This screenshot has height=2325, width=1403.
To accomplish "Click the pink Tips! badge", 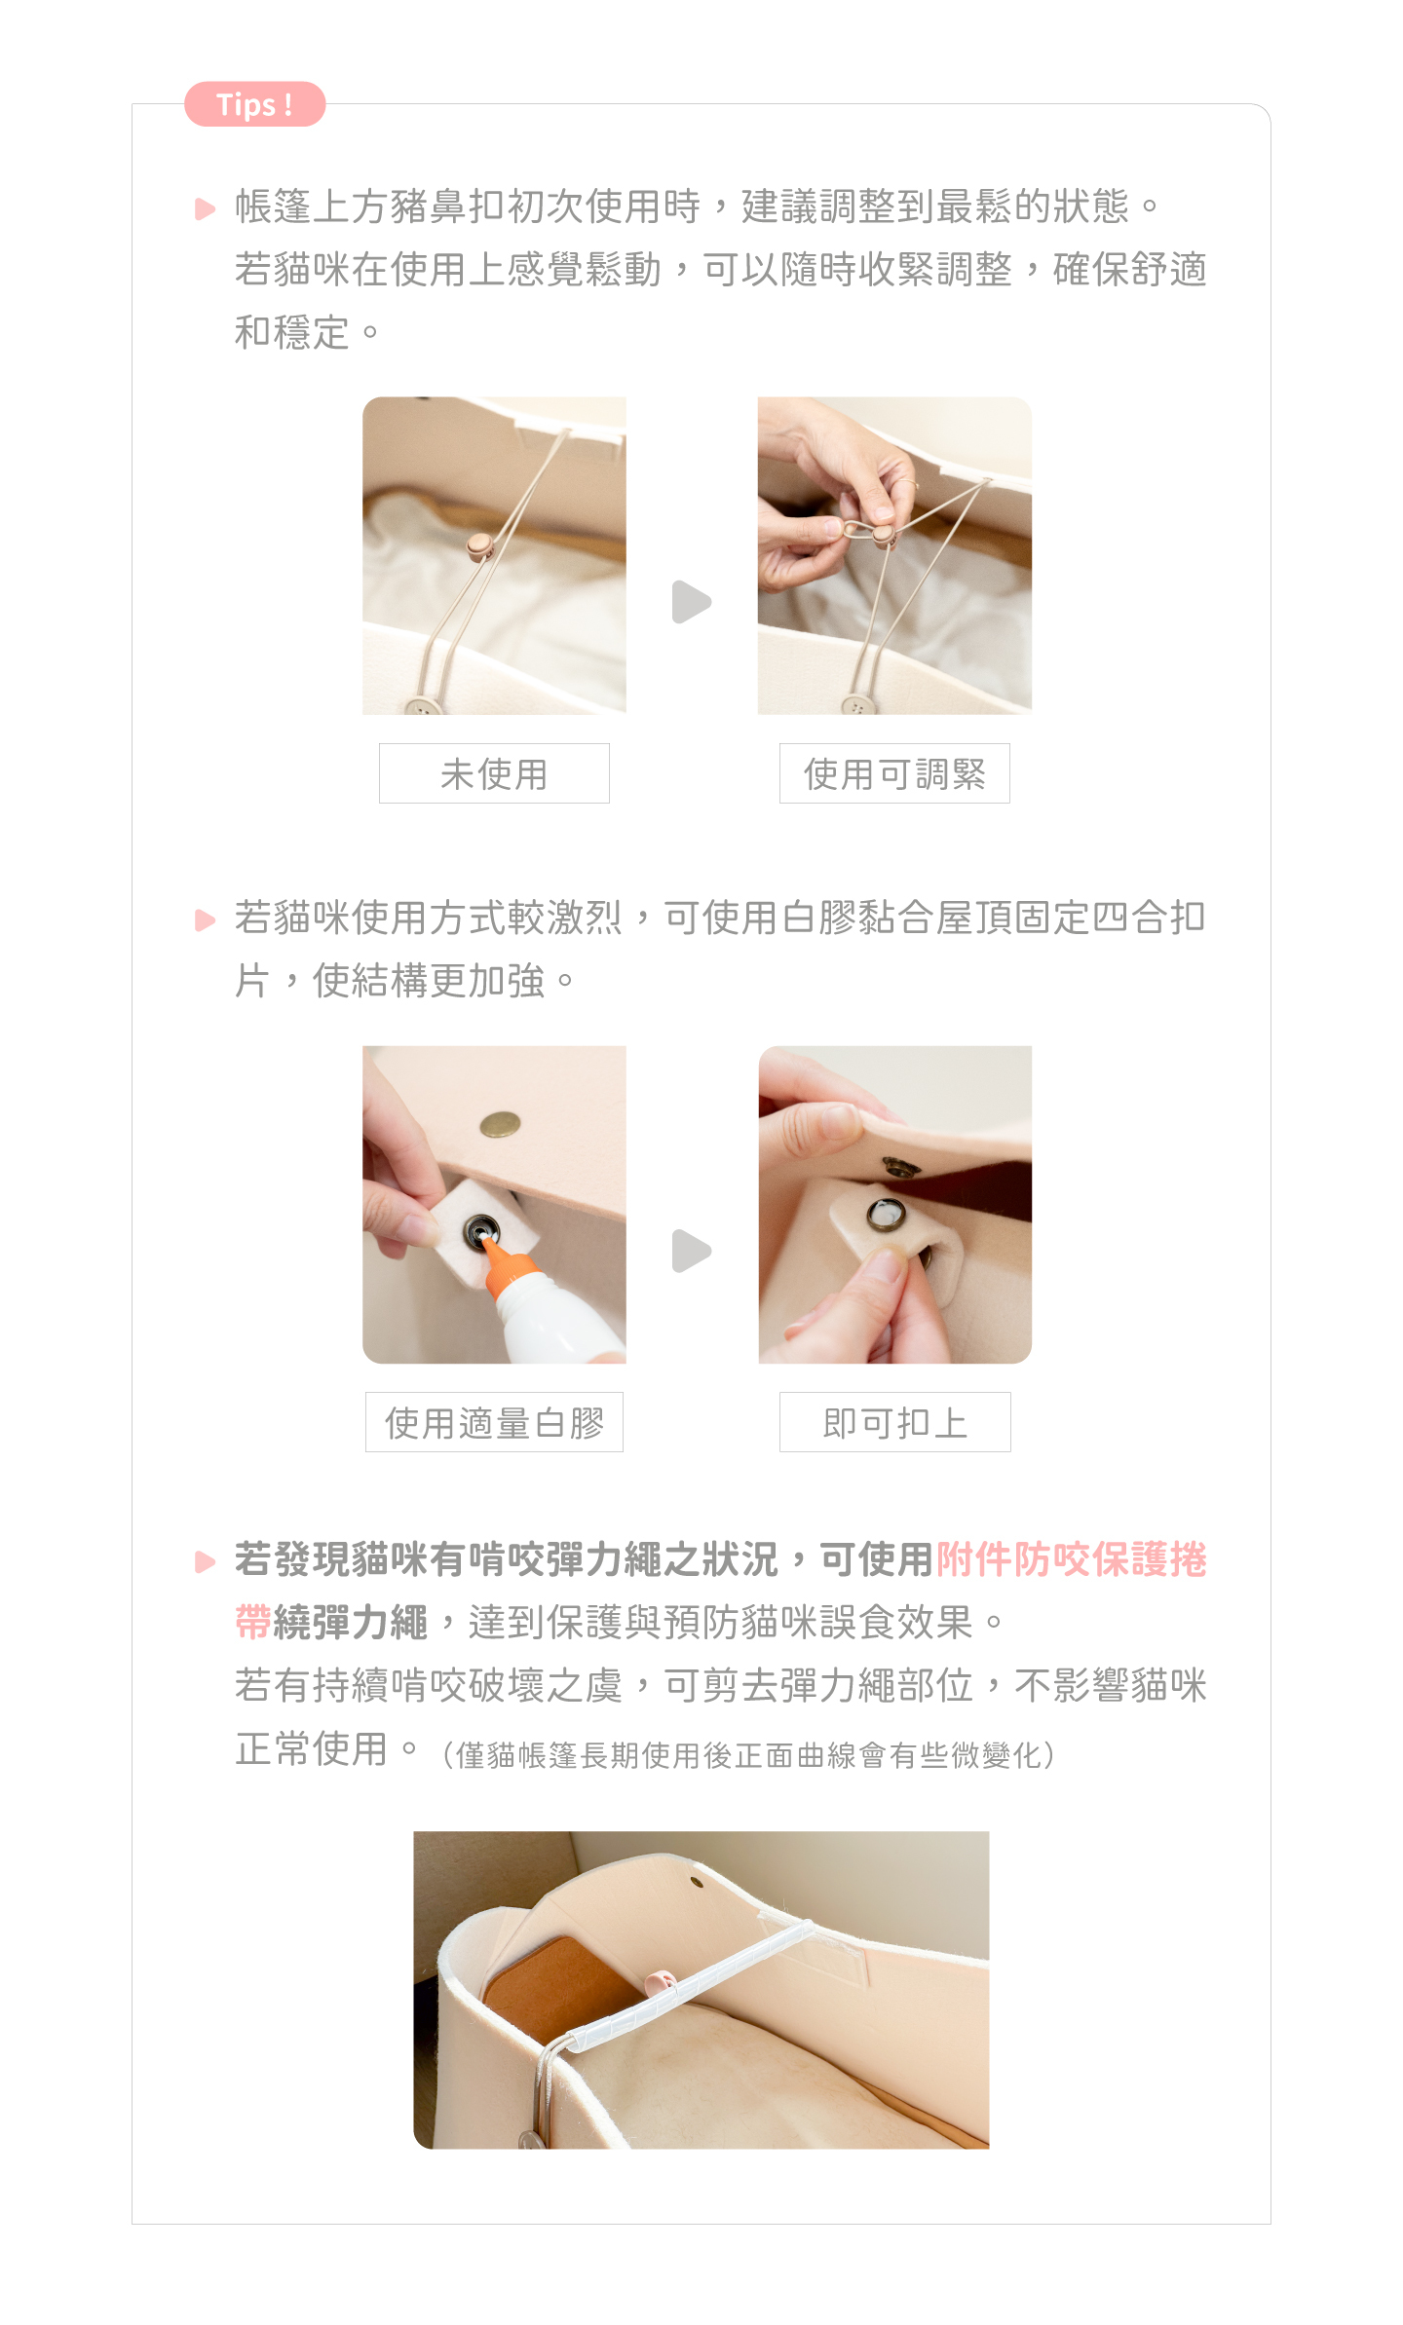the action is click(x=254, y=104).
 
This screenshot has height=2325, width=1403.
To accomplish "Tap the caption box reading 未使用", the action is click(x=494, y=773).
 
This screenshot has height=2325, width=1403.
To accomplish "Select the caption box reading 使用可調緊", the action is click(x=894, y=773).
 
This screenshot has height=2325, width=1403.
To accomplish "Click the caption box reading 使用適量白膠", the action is click(x=494, y=1422).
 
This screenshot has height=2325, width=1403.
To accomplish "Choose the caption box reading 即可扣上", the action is click(x=894, y=1422).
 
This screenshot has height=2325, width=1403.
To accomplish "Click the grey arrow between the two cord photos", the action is click(x=692, y=602).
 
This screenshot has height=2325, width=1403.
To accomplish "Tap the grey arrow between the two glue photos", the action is click(x=692, y=1251).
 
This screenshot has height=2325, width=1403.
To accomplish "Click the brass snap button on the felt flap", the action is click(x=500, y=1125).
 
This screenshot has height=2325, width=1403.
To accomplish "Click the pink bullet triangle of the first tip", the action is click(x=205, y=208).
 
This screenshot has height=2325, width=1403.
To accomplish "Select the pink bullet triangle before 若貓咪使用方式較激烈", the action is click(x=205, y=920).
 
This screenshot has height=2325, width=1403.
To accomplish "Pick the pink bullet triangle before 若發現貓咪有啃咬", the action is click(x=205, y=1562).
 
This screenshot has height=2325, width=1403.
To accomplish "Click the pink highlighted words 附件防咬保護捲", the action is click(x=1072, y=1559).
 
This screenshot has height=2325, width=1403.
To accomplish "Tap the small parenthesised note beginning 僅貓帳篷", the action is click(x=747, y=1755).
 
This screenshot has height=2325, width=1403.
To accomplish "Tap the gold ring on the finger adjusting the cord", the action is click(x=907, y=482).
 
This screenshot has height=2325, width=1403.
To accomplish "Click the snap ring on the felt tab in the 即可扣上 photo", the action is click(x=886, y=1215).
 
